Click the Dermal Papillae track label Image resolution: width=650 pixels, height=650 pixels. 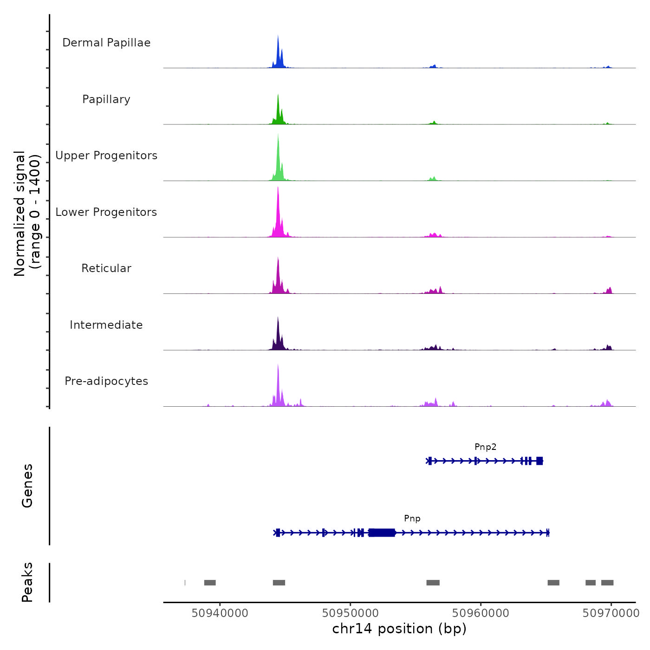coord(106,43)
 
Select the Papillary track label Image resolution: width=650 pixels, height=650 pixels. coord(106,99)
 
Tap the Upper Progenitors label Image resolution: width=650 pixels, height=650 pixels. coord(106,156)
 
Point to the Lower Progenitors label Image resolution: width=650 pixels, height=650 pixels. coord(106,212)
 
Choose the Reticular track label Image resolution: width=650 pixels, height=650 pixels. coord(106,268)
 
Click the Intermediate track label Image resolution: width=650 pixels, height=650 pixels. coord(106,325)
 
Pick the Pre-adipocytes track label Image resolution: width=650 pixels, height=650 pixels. coord(106,381)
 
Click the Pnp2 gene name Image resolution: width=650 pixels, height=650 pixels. coord(485,447)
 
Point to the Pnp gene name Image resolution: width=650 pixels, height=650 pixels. coord(412,519)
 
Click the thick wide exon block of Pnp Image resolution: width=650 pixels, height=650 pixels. coord(382,533)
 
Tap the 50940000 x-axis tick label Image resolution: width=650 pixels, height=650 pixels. coord(220,613)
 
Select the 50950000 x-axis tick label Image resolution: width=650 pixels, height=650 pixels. coord(350,613)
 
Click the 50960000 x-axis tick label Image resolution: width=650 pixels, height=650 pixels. coord(481,613)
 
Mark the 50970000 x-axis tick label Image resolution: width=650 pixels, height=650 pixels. coord(611,613)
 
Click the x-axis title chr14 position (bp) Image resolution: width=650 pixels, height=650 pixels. coord(399,629)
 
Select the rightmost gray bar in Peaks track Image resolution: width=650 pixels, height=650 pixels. coord(607,583)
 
